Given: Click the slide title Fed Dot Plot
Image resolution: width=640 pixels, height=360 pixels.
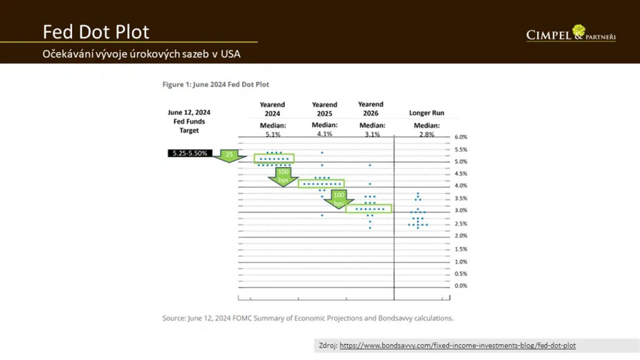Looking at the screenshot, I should point(96,32).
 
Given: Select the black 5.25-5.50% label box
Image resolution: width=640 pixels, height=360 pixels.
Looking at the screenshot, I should point(190,153).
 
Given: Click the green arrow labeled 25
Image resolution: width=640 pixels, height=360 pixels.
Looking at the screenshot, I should point(229,155).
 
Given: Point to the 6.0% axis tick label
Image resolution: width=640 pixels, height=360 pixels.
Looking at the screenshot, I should point(461,137).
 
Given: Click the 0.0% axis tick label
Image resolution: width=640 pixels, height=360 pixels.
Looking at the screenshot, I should point(461,286).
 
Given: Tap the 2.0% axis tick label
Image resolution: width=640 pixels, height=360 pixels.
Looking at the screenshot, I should point(461,236).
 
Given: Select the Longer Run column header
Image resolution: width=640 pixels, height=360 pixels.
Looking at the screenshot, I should point(427,113).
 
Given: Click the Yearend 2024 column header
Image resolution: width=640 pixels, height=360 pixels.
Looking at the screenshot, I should point(272,109).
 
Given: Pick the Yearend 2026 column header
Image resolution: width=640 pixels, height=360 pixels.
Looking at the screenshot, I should point(371,109).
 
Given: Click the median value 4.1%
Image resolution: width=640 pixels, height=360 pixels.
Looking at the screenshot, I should point(325,134).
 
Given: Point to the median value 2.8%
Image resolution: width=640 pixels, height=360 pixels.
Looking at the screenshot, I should point(427,134).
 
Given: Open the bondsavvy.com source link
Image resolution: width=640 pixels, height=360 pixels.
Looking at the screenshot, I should point(457,346).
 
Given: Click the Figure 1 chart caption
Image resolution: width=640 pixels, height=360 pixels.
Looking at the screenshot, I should point(216,85).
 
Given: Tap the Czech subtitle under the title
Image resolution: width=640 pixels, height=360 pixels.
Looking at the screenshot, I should point(141,54).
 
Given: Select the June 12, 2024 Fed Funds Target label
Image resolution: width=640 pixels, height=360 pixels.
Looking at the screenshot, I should point(189,121).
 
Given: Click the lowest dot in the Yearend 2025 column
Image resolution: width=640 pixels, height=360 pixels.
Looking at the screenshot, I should point(322,215).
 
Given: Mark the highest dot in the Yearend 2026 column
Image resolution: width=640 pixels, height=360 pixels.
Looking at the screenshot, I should point(370,165).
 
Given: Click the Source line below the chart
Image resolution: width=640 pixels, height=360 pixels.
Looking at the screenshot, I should point(308,318).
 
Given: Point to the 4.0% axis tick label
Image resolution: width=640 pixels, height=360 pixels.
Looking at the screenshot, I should point(461,186).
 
